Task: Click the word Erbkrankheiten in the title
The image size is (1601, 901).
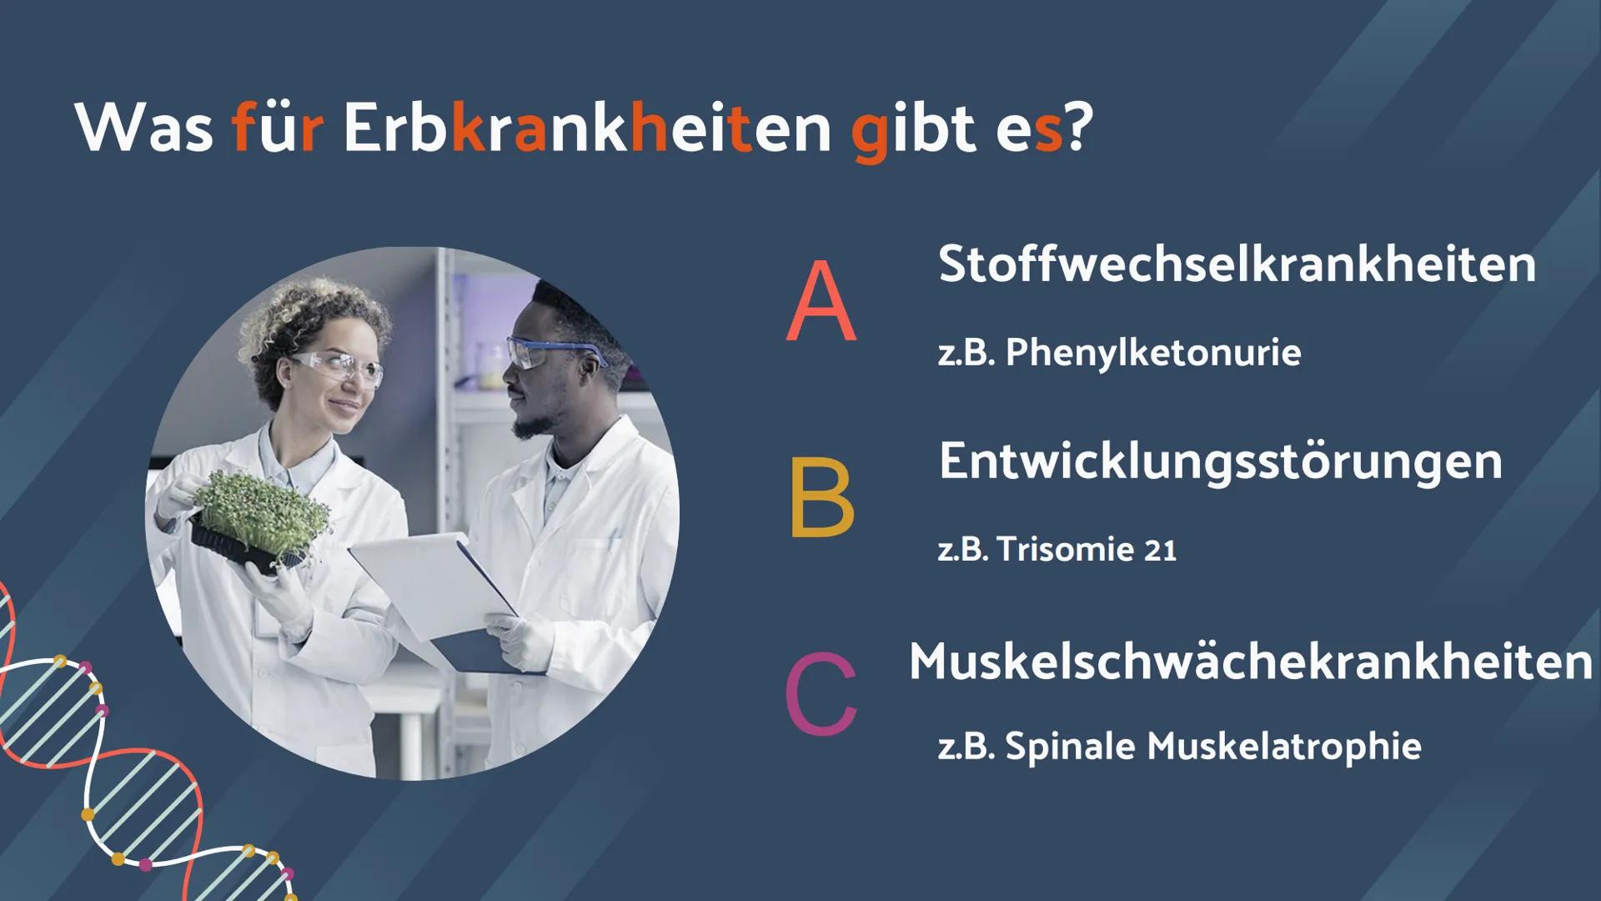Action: tap(587, 129)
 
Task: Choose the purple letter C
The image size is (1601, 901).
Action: tap(821, 694)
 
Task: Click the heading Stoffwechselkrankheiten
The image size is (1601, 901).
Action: tap(1237, 264)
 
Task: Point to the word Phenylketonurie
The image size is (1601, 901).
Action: tap(1153, 353)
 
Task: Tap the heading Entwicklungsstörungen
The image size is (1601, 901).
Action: tap(1221, 461)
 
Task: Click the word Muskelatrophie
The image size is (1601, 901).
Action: tap(1284, 746)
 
